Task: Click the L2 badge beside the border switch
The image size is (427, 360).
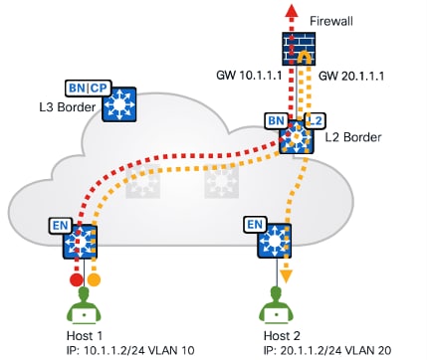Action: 314,119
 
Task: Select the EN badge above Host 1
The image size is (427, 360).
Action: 58,226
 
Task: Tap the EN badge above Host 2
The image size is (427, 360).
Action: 254,226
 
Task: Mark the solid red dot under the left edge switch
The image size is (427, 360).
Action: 76,279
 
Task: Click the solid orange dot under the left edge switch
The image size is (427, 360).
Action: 95,280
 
